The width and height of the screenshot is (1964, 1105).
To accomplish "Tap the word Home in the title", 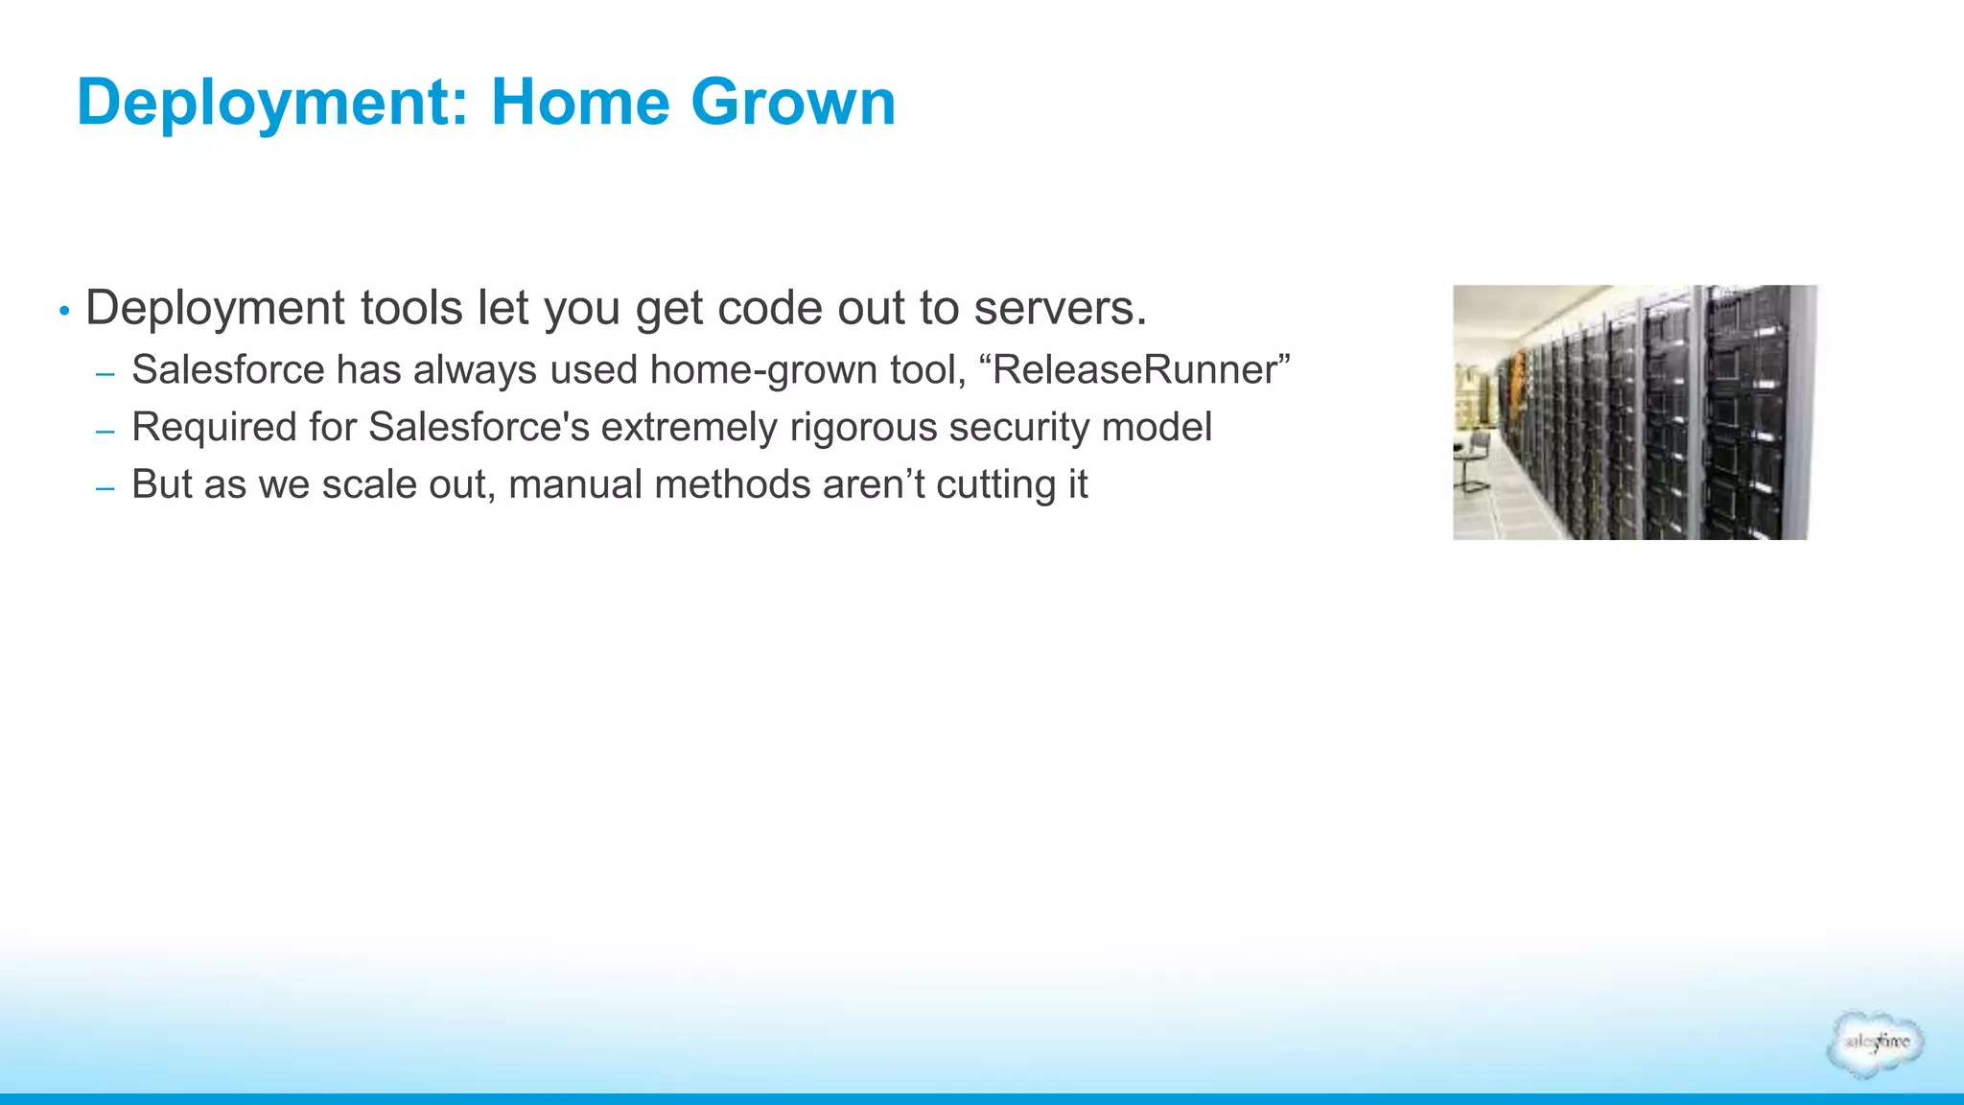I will pyautogui.click(x=580, y=102).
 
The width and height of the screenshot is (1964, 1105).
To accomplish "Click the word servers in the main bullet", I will pyautogui.click(x=1060, y=309).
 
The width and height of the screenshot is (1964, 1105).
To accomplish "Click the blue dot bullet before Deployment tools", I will pyautogui.click(x=64, y=311).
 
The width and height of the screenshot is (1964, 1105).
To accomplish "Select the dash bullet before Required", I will pyautogui.click(x=105, y=432).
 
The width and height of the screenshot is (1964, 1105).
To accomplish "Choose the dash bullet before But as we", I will pyautogui.click(x=105, y=489).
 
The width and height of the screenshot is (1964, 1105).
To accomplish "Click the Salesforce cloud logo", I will pyautogui.click(x=1875, y=1044).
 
